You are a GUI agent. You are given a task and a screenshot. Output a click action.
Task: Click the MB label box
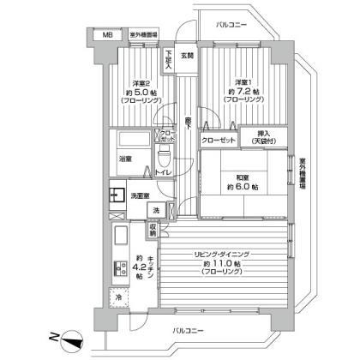tap(107, 35)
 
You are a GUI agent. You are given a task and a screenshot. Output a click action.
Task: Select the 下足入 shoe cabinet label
tap(169, 61)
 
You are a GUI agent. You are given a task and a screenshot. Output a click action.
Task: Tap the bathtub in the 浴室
tap(133, 141)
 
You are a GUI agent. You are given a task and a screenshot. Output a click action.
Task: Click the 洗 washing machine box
tap(155, 210)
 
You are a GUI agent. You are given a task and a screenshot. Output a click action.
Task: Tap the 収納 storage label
tap(153, 230)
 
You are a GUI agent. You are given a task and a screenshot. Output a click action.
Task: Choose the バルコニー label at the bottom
tap(189, 330)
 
